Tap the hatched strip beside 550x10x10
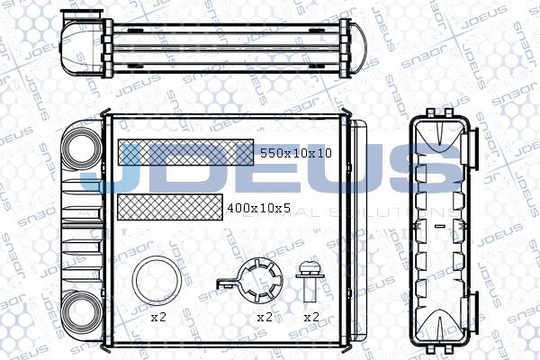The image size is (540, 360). pyautogui.click(x=185, y=152)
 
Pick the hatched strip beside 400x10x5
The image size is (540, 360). pyautogui.click(x=169, y=207)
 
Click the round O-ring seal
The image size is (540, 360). pyautogui.click(x=155, y=282)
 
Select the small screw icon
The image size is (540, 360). pyautogui.click(x=310, y=280)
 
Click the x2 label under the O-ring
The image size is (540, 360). pyautogui.click(x=157, y=318)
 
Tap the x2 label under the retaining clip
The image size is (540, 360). pyautogui.click(x=265, y=318)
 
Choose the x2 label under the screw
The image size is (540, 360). pyautogui.click(x=311, y=318)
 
